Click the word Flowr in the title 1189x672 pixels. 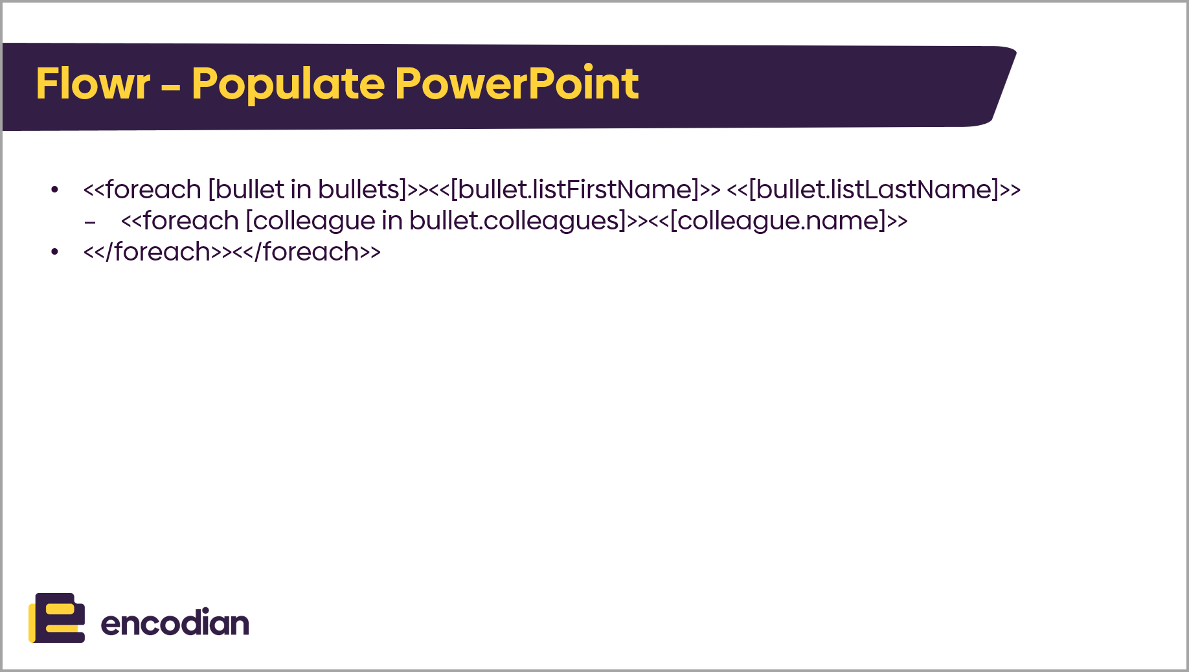93,84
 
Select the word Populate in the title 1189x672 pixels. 288,85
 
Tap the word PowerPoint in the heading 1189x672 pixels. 517,84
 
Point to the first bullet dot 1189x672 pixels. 55,190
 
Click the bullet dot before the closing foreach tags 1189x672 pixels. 55,252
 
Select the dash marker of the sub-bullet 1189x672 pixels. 90,222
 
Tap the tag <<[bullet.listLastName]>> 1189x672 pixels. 874,190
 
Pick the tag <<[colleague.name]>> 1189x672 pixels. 778,221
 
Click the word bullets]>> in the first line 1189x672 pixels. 373,190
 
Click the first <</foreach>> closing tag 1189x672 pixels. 157,252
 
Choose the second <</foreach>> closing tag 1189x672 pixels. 306,252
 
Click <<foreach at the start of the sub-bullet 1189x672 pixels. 180,221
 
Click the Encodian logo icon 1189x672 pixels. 57,618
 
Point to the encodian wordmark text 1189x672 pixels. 175,622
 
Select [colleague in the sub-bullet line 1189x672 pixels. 311,221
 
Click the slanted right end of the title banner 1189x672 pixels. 1003,85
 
